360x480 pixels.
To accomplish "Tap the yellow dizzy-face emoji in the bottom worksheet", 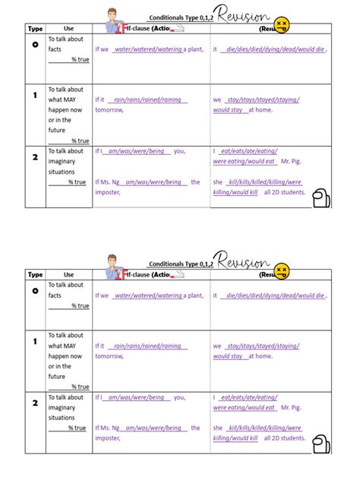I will tap(282, 270).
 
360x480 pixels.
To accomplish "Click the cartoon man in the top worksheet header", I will tap(113, 21).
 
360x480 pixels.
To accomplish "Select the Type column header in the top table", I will tap(35, 29).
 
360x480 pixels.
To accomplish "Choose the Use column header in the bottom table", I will tap(68, 274).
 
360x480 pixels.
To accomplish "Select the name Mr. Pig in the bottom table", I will tap(293, 407).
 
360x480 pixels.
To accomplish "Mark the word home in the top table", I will tap(264, 110).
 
